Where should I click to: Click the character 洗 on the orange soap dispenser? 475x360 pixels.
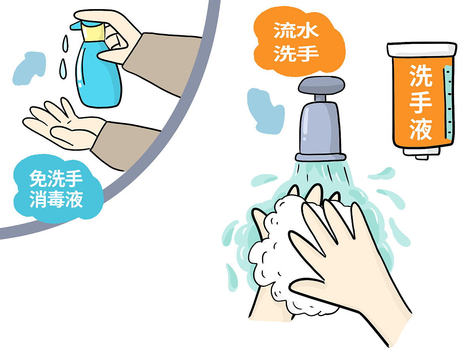coord(420,75)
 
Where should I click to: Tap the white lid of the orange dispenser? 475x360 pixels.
coord(422,49)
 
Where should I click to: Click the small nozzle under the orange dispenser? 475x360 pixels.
coord(422,156)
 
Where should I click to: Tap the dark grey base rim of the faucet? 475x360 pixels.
coord(320,157)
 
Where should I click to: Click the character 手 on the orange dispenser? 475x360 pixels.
coord(420,102)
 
